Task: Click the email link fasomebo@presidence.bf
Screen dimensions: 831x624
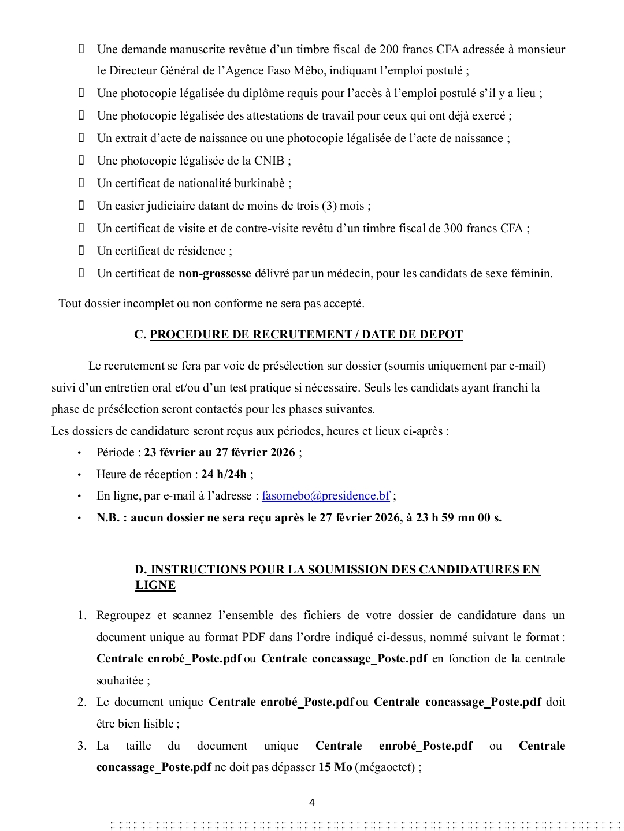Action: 326,496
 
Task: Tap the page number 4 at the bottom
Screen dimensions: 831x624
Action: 312,803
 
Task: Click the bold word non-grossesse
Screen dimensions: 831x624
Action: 215,274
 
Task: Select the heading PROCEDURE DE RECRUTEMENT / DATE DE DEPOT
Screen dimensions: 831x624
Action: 306,335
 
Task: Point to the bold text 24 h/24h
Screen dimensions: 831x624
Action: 224,475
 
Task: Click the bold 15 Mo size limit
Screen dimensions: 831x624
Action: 335,768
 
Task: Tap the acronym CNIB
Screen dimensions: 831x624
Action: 269,161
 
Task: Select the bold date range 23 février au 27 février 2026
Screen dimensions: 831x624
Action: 220,453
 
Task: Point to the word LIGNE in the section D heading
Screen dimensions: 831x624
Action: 155,586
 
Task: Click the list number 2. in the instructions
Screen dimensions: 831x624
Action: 82,702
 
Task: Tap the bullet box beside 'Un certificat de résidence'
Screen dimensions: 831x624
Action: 81,251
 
